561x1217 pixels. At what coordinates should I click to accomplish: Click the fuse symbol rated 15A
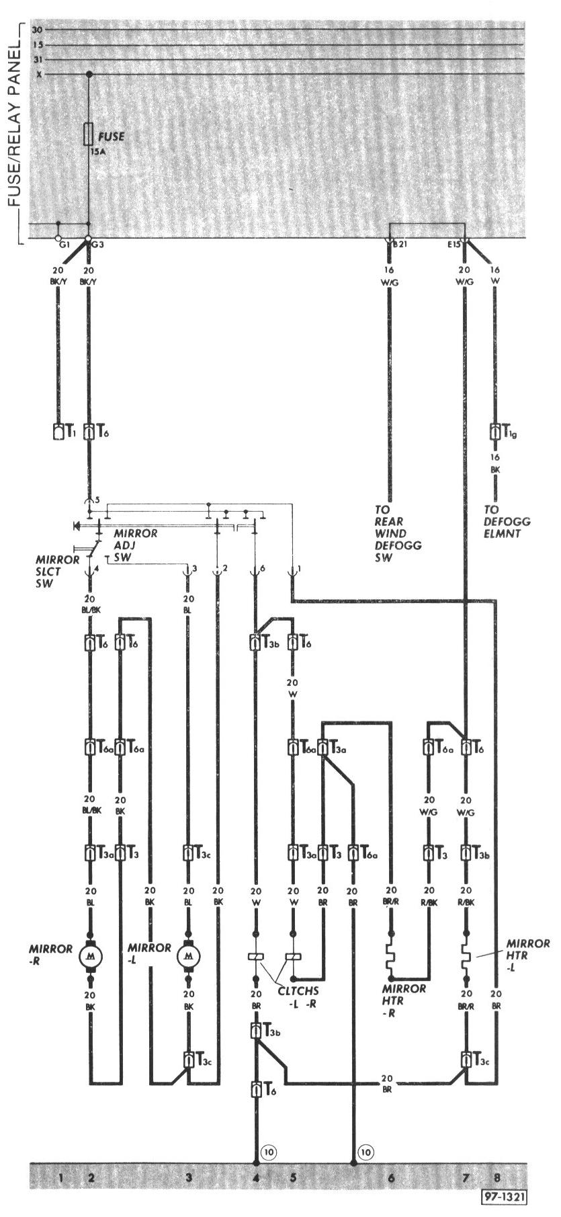(x=89, y=134)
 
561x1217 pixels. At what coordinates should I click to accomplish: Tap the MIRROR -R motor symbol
(x=89, y=954)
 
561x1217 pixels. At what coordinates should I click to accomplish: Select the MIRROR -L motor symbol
(x=188, y=954)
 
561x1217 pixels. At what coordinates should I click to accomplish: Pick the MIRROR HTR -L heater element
(x=465, y=955)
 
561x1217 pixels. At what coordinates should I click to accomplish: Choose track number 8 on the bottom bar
(x=497, y=1177)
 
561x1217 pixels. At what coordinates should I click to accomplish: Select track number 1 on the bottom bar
(x=60, y=1177)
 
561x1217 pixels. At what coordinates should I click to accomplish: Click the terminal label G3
(x=98, y=245)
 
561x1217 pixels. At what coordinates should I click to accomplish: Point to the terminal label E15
(x=454, y=245)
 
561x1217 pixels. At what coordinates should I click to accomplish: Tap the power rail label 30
(x=36, y=30)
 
